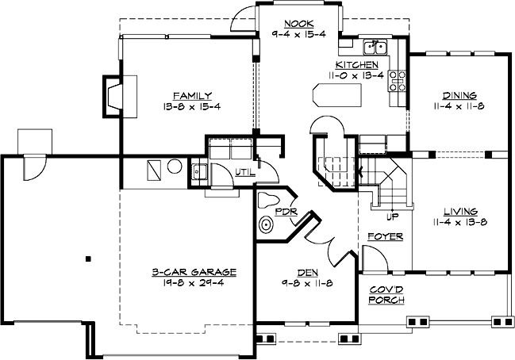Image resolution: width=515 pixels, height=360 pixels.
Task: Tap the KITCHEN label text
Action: point(356,65)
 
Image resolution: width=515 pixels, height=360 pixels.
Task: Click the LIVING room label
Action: point(460,211)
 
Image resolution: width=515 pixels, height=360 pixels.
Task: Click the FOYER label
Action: point(385,236)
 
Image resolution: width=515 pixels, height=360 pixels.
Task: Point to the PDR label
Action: point(285,212)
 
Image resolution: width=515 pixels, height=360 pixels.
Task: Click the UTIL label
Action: point(244,171)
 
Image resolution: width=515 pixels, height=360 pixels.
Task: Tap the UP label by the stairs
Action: point(390,216)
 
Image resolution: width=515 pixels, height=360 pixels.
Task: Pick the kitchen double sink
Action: point(374,47)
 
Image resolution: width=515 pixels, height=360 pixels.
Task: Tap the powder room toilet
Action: point(266,225)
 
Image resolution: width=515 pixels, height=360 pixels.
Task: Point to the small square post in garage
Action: point(89,258)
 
